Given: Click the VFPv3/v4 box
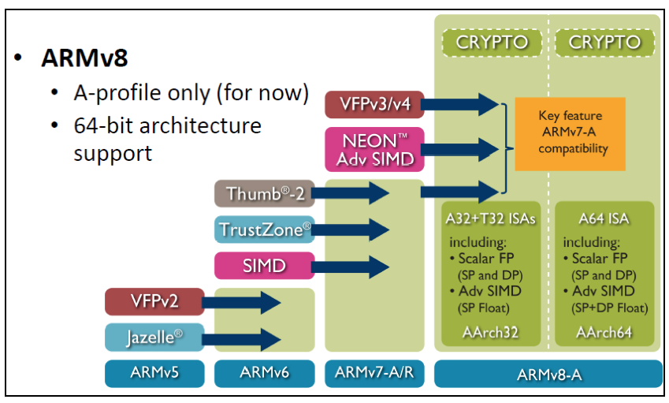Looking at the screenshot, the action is pyautogui.click(x=374, y=105).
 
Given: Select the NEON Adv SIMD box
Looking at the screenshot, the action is pyautogui.click(x=374, y=149).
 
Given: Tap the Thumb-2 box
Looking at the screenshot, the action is pyautogui.click(x=265, y=193).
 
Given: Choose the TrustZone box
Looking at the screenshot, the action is pyautogui.click(x=265, y=229).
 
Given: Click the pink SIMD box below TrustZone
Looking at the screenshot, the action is pyautogui.click(x=265, y=266).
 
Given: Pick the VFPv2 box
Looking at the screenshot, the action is pyautogui.click(x=154, y=301).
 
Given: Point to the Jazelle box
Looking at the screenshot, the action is pyautogui.click(x=154, y=338).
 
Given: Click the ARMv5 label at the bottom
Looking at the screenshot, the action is pyautogui.click(x=154, y=374).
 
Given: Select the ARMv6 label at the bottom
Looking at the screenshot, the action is pyautogui.click(x=265, y=374).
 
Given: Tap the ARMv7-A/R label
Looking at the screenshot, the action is pyautogui.click(x=374, y=374).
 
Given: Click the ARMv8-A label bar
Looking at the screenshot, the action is pyautogui.click(x=548, y=374).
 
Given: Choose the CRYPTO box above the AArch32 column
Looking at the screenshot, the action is pyautogui.click(x=492, y=43).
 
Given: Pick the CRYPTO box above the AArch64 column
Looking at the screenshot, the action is pyautogui.click(x=604, y=43).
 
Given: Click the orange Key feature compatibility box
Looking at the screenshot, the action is pyautogui.click(x=571, y=134).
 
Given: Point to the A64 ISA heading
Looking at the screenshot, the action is pyautogui.click(x=604, y=218).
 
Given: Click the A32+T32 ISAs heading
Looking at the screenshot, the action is pyautogui.click(x=490, y=218).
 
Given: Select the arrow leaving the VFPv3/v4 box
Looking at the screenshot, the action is pyautogui.click(x=460, y=105).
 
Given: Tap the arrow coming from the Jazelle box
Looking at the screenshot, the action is pyautogui.click(x=241, y=339).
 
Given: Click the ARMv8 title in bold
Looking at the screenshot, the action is pyautogui.click(x=84, y=58).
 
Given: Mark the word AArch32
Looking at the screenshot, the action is pyautogui.click(x=490, y=332).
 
